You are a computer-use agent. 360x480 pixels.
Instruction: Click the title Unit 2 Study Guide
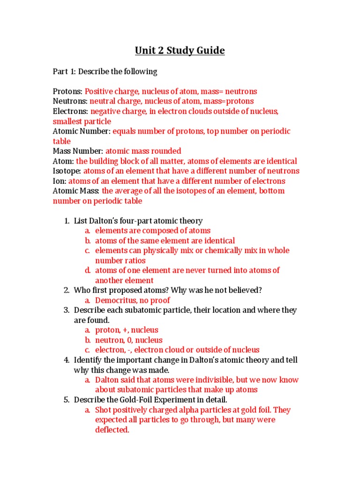coord(180,51)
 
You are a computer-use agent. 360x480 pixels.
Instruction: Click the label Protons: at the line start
coord(67,91)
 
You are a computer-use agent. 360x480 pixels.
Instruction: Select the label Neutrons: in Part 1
coord(70,101)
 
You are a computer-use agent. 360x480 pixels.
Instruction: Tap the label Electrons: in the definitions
coord(70,112)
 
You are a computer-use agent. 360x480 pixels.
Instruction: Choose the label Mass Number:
coord(78,151)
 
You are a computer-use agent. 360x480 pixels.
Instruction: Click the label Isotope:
coord(67,171)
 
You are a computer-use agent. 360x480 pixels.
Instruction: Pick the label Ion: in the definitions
coord(60,181)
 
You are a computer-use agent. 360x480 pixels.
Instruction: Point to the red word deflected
coord(112,430)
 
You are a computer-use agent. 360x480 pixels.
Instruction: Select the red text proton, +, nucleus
coord(127,330)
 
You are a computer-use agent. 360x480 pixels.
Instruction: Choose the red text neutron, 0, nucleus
coord(129,340)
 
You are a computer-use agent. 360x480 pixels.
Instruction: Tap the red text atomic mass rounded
coord(143,151)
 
